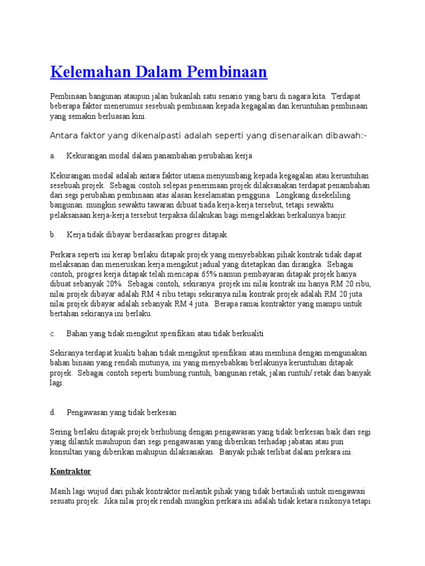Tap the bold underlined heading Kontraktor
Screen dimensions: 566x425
[70, 471]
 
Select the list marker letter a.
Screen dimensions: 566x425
[52, 156]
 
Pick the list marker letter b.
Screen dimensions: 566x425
[53, 235]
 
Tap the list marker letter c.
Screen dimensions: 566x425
[52, 334]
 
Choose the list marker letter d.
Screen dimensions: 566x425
[53, 412]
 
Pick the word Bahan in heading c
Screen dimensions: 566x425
[76, 334]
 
